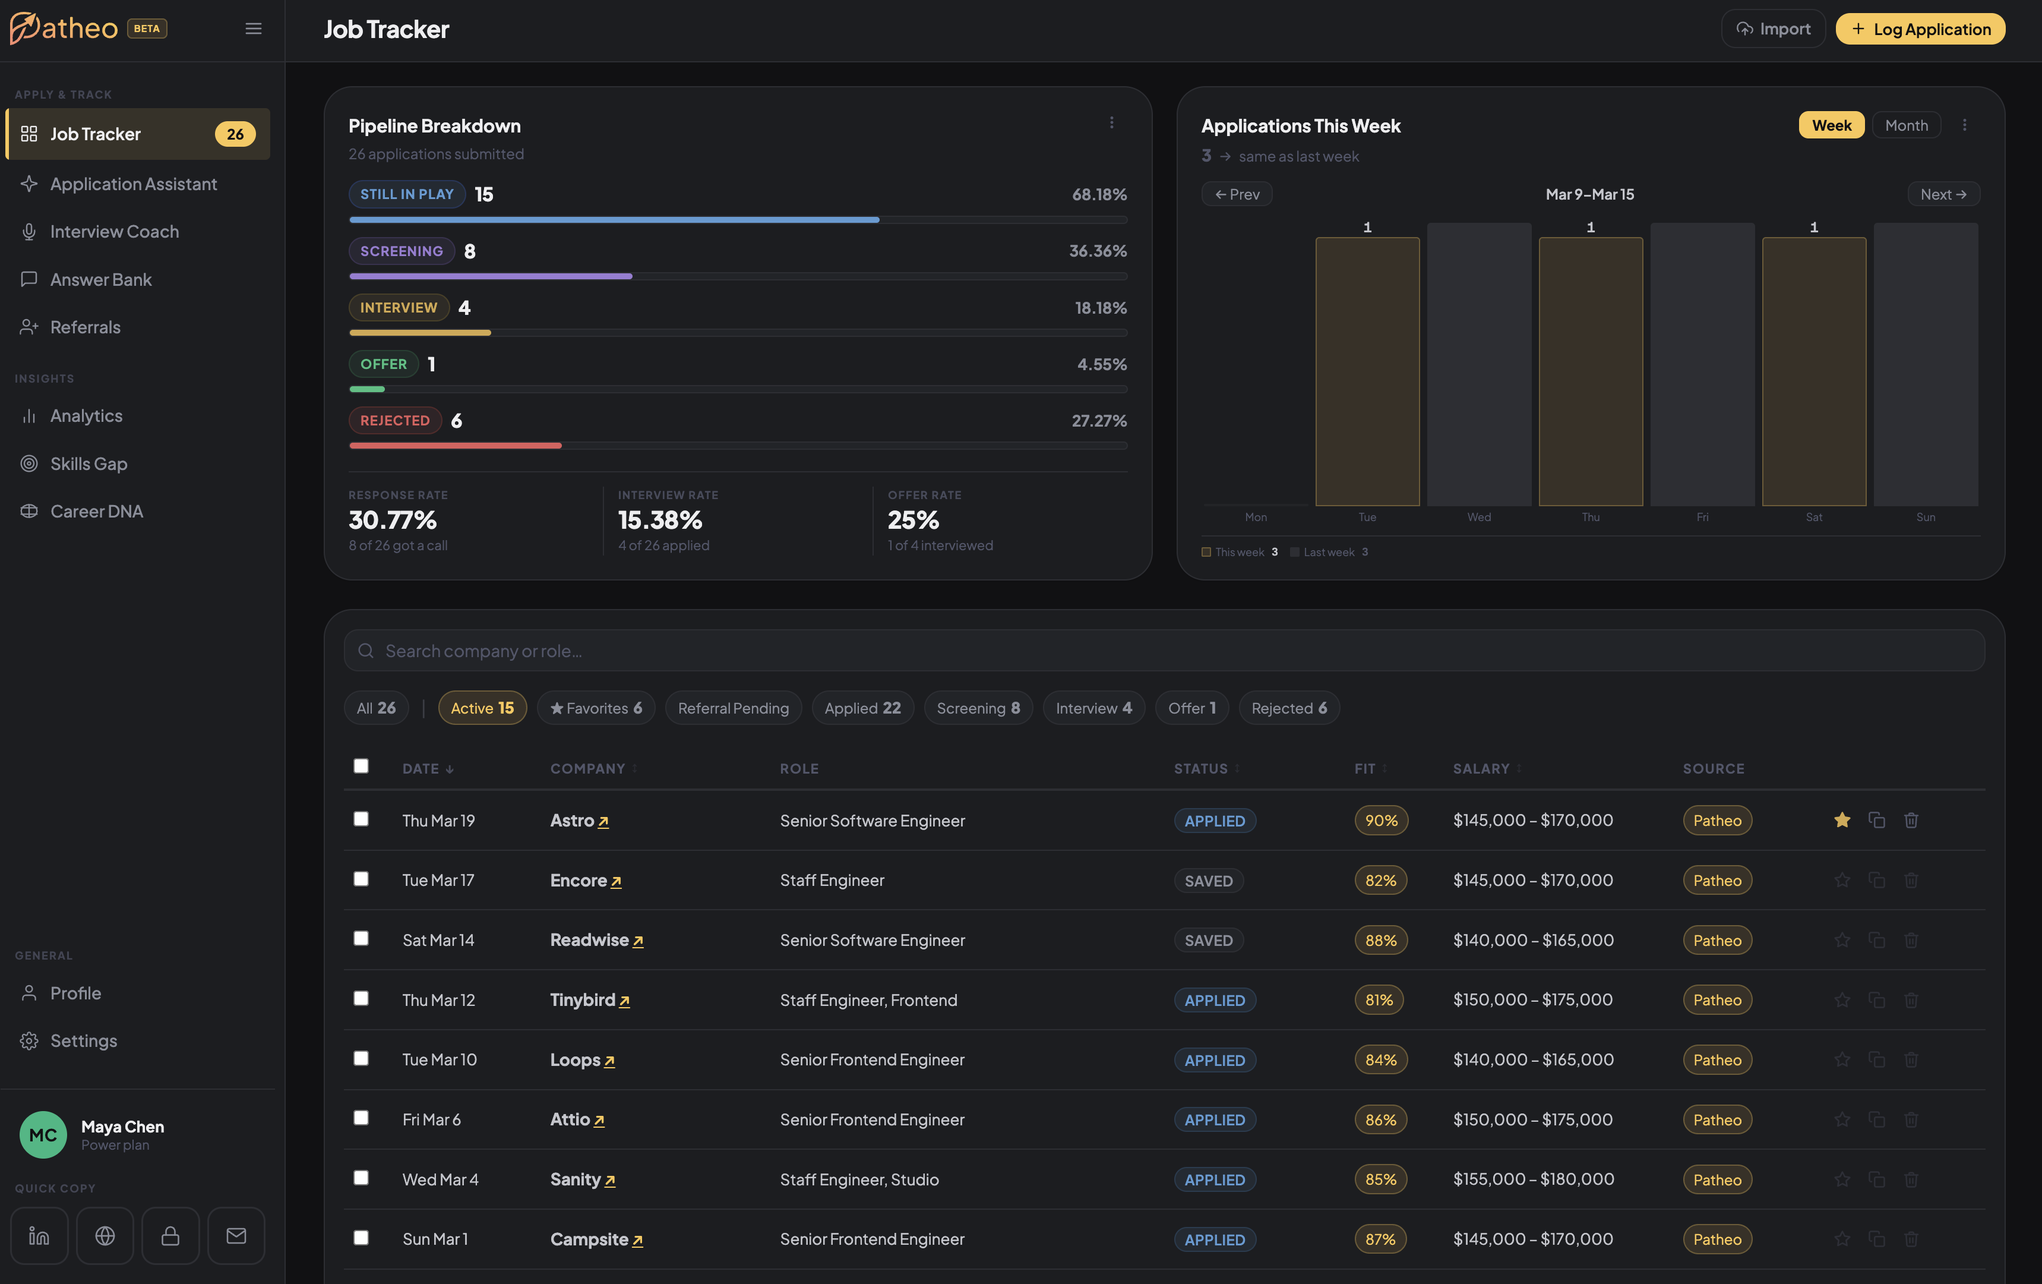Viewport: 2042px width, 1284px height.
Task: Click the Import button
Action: coord(1772,29)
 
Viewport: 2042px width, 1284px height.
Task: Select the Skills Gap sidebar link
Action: coord(88,464)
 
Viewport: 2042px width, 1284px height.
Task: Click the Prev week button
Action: coord(1237,194)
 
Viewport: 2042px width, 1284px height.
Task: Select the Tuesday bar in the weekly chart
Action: coord(1367,371)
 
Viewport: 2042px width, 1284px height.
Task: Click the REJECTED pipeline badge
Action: coord(394,421)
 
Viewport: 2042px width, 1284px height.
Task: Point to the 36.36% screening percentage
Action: coord(1097,251)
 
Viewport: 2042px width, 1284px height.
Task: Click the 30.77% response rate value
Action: coord(393,520)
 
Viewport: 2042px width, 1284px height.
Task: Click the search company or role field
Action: coord(1164,651)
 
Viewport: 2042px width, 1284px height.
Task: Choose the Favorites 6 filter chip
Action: coord(596,708)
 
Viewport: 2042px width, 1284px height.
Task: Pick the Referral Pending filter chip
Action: coord(733,708)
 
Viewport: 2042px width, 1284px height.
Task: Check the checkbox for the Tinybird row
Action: coord(361,998)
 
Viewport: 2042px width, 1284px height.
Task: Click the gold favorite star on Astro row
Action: coord(1842,820)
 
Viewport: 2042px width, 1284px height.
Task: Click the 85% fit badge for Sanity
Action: coord(1380,1179)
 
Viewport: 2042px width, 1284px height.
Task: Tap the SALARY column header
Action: coord(1481,768)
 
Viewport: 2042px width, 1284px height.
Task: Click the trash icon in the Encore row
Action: coord(1911,881)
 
